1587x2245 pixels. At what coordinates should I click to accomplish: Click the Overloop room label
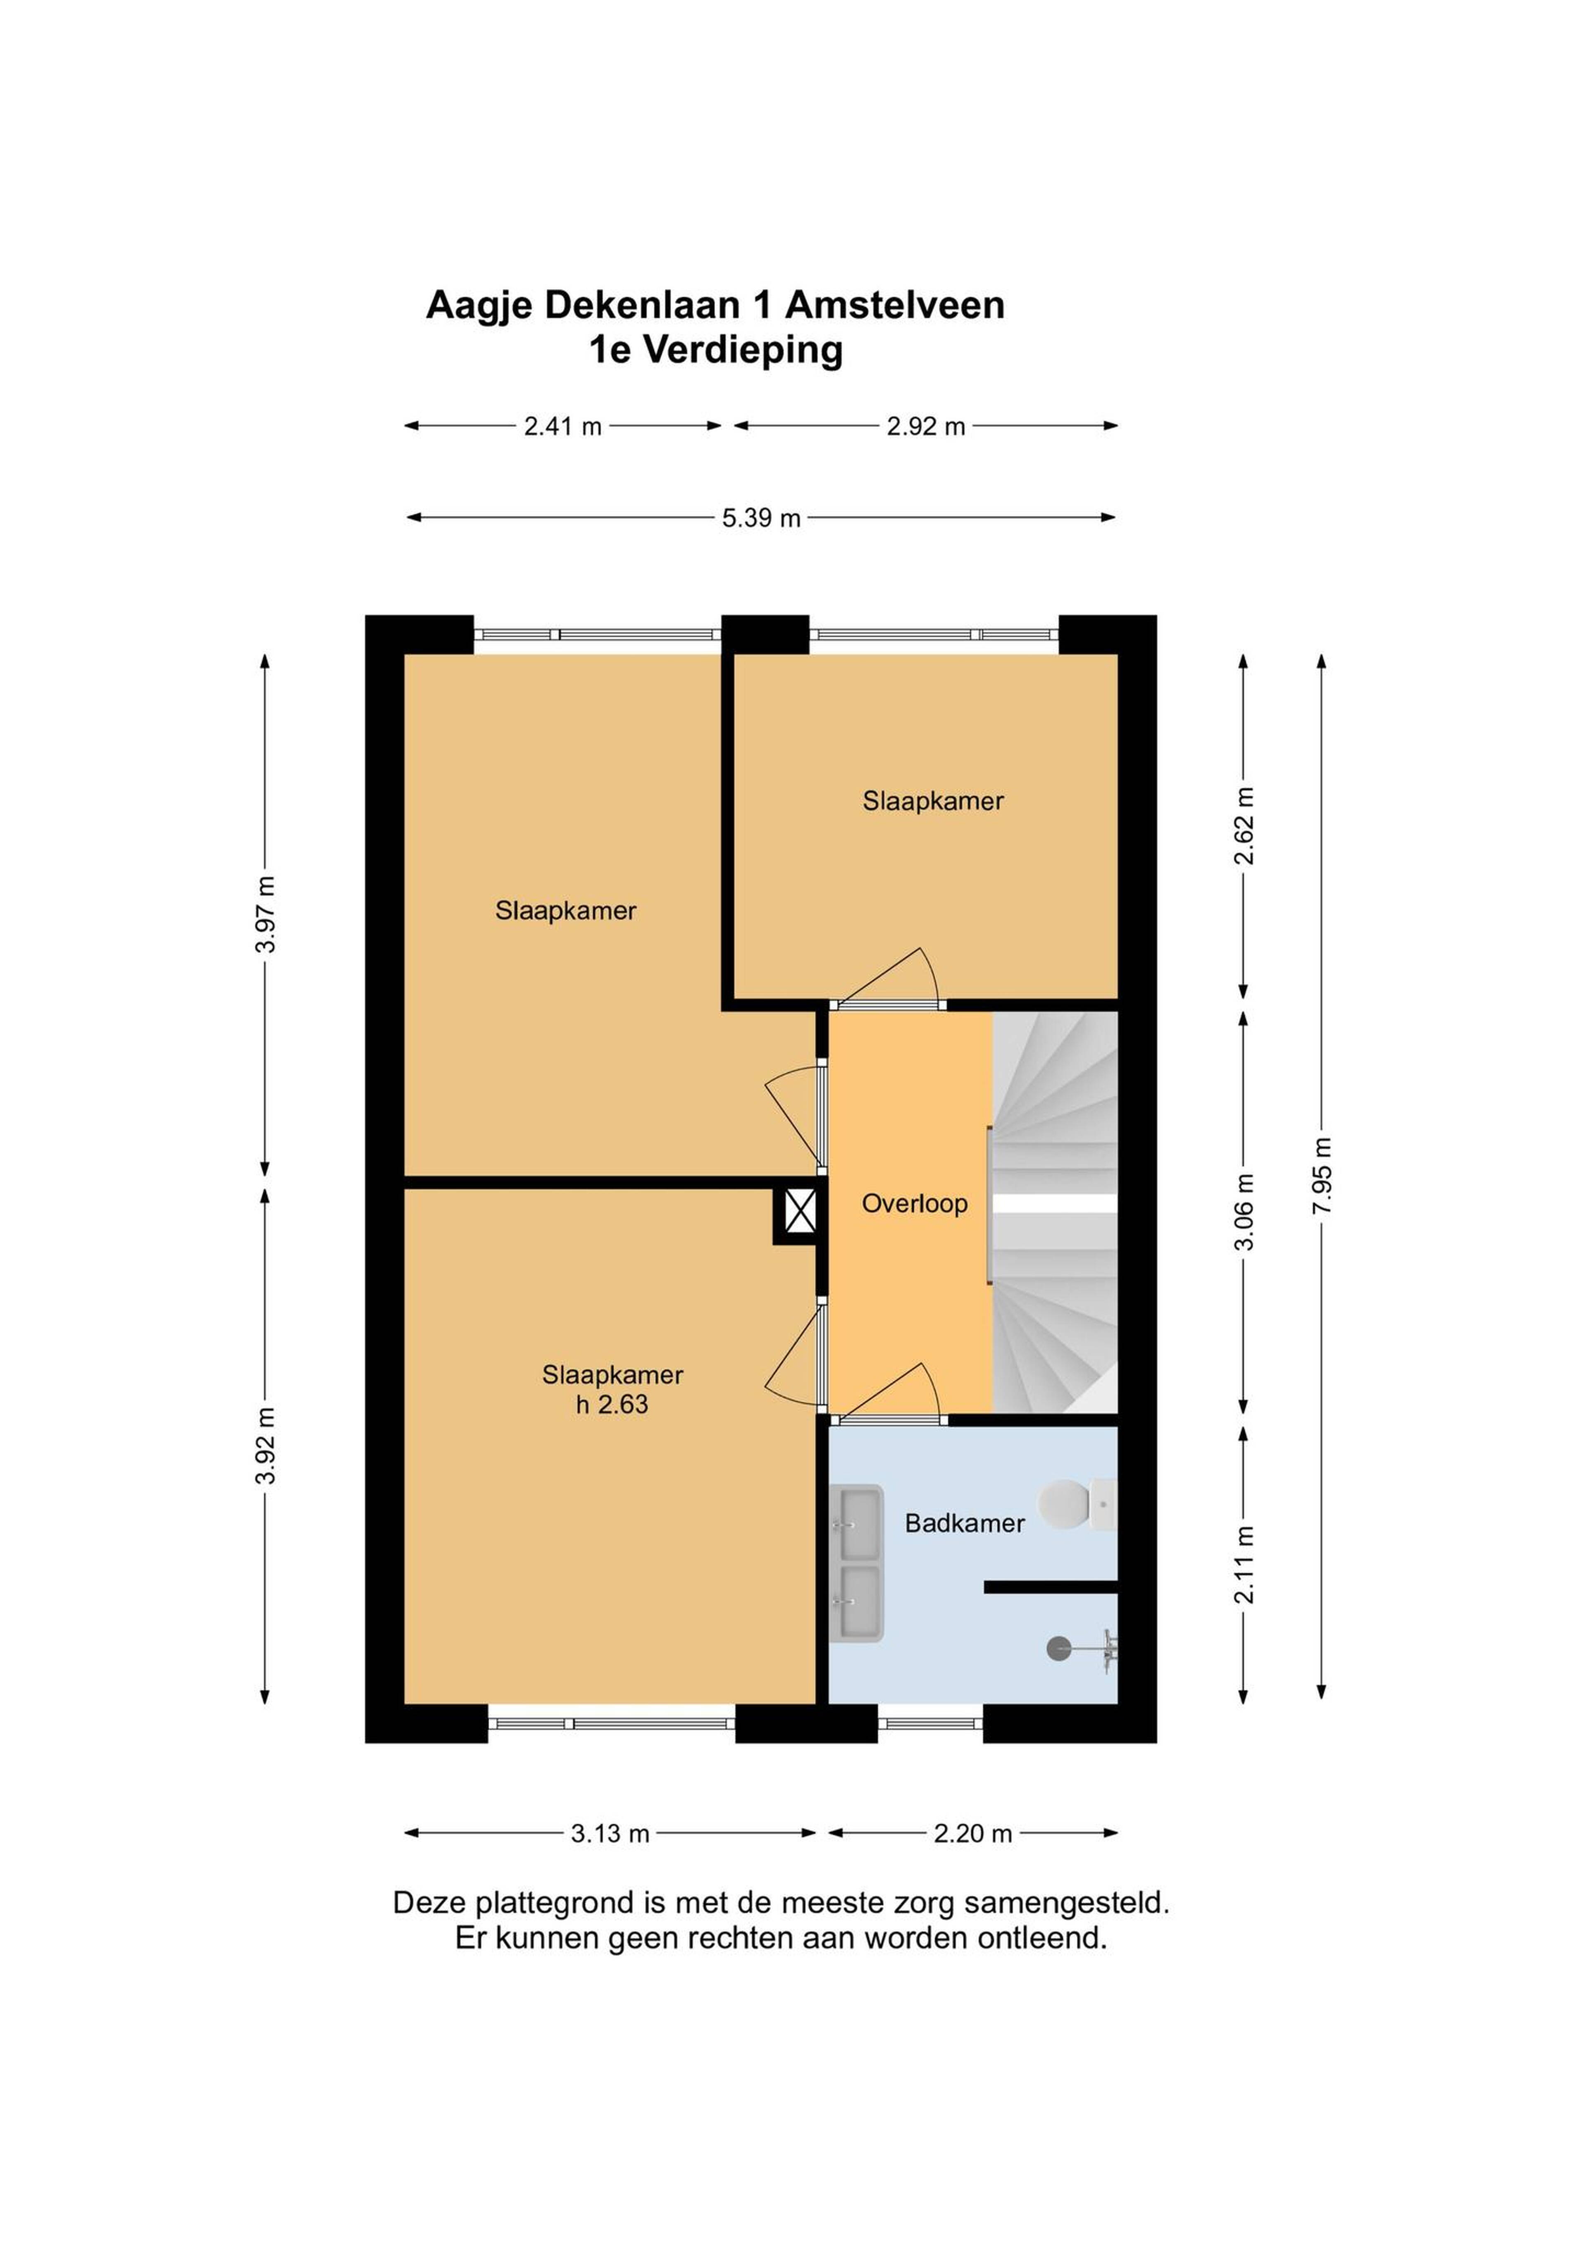pos(914,1204)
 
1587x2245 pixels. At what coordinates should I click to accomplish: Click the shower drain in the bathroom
pos(1058,1649)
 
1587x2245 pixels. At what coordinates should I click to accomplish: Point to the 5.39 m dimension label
pos(761,518)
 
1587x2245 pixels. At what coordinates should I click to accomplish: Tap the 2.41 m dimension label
pos(562,426)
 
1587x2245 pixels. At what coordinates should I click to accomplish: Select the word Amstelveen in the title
pos(895,305)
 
